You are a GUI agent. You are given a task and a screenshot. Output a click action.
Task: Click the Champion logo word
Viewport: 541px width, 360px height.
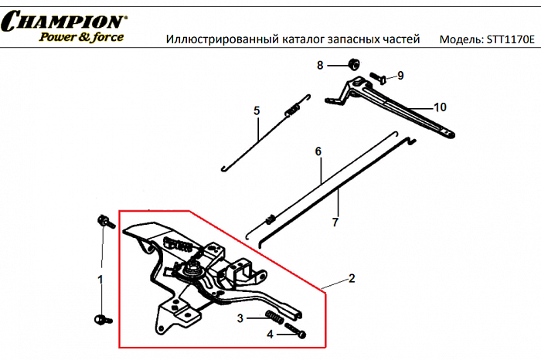tap(64, 21)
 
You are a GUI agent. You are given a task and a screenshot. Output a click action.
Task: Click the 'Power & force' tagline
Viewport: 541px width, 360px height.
tap(81, 36)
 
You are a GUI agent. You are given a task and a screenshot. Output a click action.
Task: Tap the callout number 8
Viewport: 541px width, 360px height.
tap(320, 66)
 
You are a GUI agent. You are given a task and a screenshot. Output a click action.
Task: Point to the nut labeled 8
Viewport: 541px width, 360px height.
tap(350, 65)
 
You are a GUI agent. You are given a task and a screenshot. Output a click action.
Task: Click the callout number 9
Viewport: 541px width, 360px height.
tap(400, 75)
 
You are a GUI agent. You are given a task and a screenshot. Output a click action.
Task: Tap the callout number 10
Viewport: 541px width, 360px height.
tap(440, 107)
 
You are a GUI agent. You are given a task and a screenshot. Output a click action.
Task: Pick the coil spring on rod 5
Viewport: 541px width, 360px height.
tap(292, 111)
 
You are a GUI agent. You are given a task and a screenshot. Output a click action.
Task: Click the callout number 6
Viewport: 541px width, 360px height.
tap(317, 152)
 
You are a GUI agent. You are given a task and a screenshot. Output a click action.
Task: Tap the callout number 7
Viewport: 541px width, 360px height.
tap(335, 222)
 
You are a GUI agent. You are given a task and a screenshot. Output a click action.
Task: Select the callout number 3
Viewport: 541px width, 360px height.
tap(240, 318)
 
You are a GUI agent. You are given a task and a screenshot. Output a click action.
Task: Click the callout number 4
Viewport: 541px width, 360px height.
tap(270, 335)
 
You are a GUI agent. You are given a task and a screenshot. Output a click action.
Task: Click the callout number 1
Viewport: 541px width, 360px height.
tap(99, 277)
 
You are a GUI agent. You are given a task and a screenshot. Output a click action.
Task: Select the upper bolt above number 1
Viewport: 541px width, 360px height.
tap(102, 222)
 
